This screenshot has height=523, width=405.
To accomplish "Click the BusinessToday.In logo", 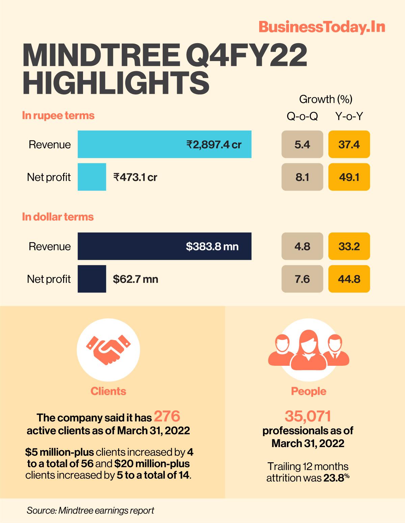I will click(x=322, y=27).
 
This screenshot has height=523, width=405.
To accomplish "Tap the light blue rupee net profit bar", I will click(x=92, y=177).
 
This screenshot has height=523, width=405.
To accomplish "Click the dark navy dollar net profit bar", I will click(x=92, y=279).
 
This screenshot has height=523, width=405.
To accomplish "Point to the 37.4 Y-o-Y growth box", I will click(x=349, y=144).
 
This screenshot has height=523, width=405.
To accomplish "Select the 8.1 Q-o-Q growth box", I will click(x=302, y=177).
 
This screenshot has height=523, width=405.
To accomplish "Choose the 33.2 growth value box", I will click(x=349, y=246).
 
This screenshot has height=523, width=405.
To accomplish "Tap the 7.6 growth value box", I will click(x=302, y=279).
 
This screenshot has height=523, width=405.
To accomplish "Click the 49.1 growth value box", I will click(x=349, y=177).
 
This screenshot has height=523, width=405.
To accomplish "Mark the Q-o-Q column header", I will click(x=302, y=116).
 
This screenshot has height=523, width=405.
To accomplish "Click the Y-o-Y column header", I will click(x=349, y=116).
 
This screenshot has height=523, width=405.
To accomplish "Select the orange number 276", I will click(x=167, y=417).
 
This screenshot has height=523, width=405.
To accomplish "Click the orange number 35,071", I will click(x=308, y=417).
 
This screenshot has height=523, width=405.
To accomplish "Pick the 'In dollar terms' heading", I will click(x=58, y=217).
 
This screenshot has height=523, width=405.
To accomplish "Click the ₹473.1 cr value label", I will click(x=135, y=177).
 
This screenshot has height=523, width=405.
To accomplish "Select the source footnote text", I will click(x=90, y=510).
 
